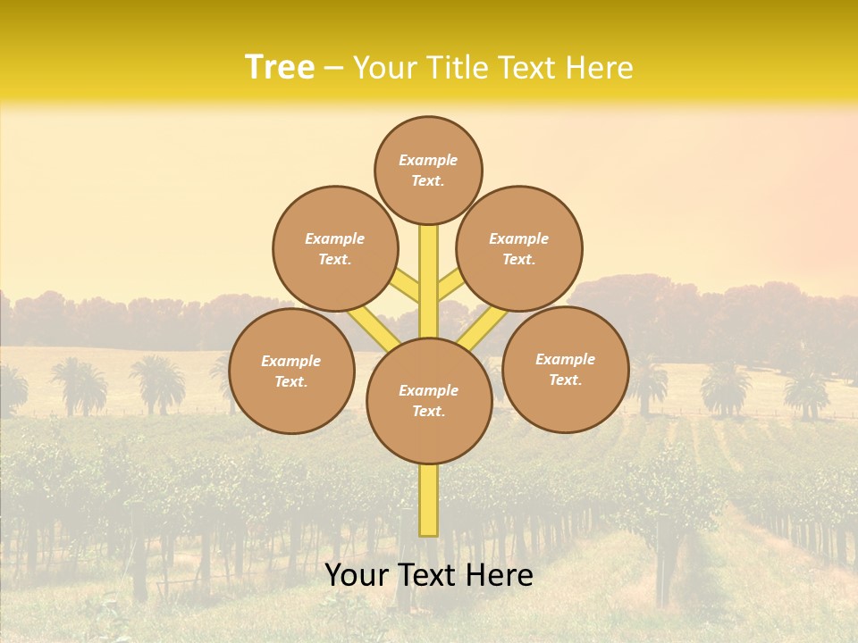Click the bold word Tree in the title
[280, 68]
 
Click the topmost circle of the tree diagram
[428, 170]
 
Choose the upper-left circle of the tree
[335, 248]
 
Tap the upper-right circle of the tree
[519, 248]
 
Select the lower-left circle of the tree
[291, 371]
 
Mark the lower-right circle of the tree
[566, 369]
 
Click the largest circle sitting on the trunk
[429, 401]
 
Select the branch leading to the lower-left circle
[374, 328]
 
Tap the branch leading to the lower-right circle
[484, 327]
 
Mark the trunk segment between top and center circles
[429, 268]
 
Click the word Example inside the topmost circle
[428, 160]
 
